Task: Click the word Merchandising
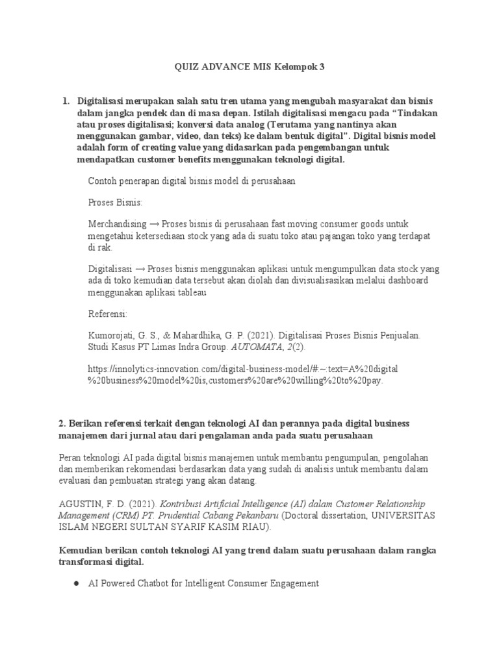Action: pyautogui.click(x=117, y=223)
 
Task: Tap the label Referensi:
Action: pyautogui.click(x=108, y=314)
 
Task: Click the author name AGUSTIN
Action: pyautogui.click(x=81, y=503)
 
